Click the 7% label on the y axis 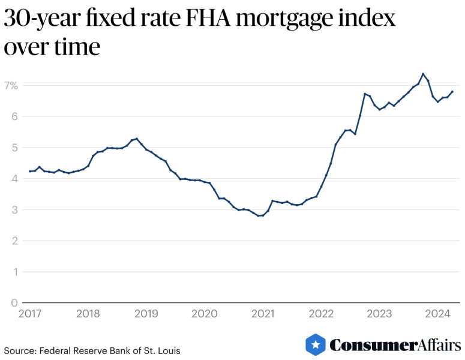pyautogui.click(x=10, y=86)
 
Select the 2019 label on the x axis pyautogui.click(x=146, y=314)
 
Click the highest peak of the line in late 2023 pyautogui.click(x=423, y=74)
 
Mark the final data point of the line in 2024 pyautogui.click(x=452, y=92)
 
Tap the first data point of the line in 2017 pyautogui.click(x=30, y=172)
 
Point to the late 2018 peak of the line pyautogui.click(x=137, y=139)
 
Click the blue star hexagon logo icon pyautogui.click(x=316, y=344)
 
